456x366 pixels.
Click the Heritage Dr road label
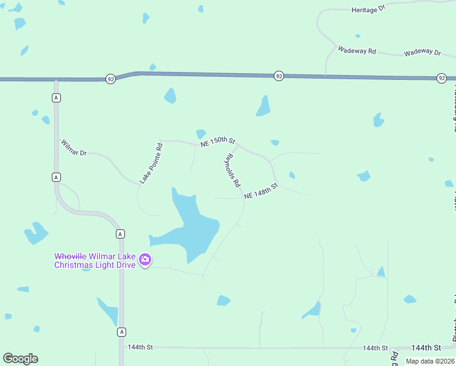[369, 10]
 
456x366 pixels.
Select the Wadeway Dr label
[422, 53]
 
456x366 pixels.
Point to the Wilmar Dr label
[74, 148]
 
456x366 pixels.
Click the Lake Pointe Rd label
[151, 163]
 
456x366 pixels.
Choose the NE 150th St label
[218, 142]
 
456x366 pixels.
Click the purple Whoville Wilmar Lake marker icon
[145, 260]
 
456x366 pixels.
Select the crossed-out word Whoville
[70, 256]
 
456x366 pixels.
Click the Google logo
[20, 359]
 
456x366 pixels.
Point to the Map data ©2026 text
[429, 361]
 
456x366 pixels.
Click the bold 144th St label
[426, 347]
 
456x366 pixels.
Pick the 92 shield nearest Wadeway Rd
[279, 76]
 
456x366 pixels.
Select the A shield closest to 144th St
[122, 332]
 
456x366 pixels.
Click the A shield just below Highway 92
[56, 98]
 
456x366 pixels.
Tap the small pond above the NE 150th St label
[201, 134]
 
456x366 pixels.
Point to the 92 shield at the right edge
[442, 78]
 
